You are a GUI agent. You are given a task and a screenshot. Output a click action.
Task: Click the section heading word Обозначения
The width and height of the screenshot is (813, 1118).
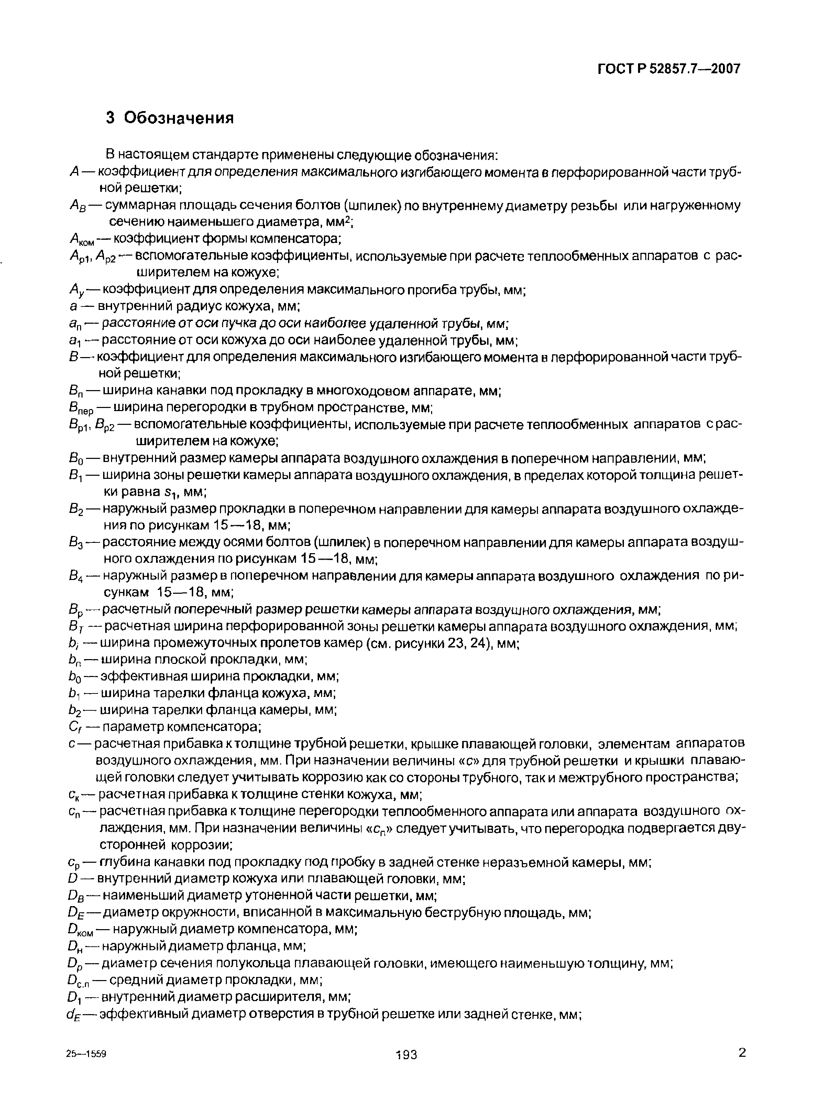[179, 118]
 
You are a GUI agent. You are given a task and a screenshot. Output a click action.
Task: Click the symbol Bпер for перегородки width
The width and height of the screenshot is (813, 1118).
[81, 409]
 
